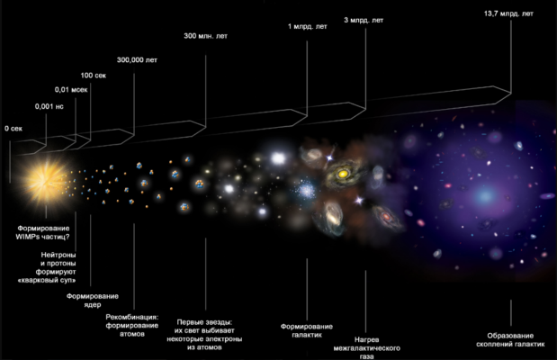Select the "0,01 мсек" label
pyautogui.click(x=70, y=90)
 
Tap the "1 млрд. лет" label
pyautogui.click(x=308, y=26)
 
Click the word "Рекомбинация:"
pyautogui.click(x=132, y=317)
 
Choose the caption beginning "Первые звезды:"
pyautogui.click(x=204, y=328)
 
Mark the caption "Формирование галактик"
pyautogui.click(x=307, y=329)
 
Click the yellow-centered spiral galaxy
pyautogui.click(x=343, y=170)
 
